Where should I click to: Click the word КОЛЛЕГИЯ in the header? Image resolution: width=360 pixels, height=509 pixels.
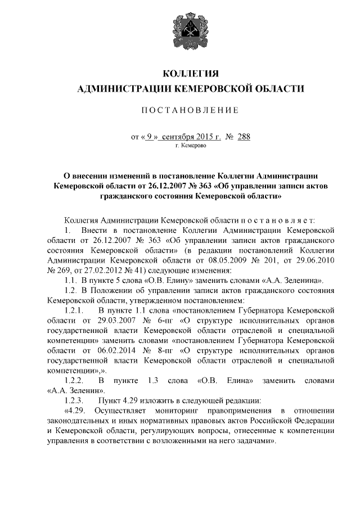190,74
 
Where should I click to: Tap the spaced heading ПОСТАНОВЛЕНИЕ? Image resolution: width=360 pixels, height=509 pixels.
190,110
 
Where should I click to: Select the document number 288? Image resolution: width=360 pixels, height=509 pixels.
244,137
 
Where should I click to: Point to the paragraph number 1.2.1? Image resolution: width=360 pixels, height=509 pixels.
74,310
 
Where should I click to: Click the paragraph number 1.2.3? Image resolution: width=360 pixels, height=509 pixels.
74,400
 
